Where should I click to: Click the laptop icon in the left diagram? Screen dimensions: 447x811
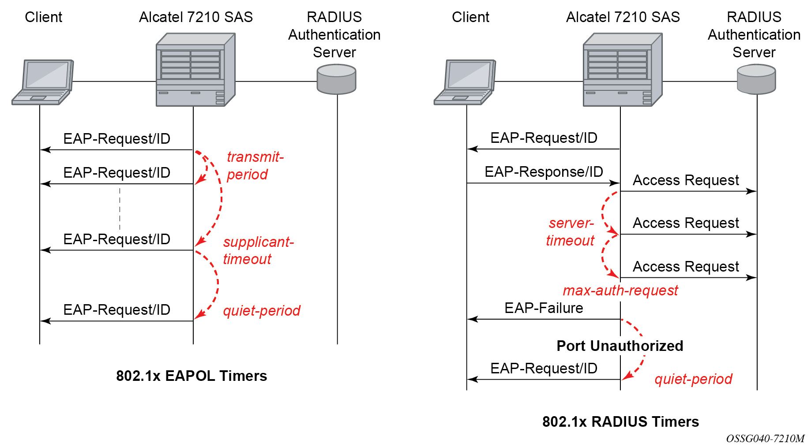point(42,82)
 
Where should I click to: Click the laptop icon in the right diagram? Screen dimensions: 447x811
point(465,82)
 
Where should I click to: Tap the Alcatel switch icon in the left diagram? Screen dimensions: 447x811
point(195,70)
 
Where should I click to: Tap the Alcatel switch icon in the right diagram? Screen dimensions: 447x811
point(623,70)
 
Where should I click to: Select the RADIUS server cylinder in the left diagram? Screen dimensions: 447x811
point(337,79)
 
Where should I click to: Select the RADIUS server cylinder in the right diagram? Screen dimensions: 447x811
point(756,79)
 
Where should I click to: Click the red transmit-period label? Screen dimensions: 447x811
point(255,165)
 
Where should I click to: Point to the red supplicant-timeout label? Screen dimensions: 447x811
point(258,250)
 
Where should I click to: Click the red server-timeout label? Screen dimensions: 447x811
point(570,231)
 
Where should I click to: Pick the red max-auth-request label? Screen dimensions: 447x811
point(620,291)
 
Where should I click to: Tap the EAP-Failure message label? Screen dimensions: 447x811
point(544,308)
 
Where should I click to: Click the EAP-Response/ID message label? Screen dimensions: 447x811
point(544,171)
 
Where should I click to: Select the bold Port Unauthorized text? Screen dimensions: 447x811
point(620,346)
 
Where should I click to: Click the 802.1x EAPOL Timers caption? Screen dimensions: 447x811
point(191,376)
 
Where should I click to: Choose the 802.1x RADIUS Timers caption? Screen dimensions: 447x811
point(620,421)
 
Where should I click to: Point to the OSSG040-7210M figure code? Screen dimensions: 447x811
point(765,439)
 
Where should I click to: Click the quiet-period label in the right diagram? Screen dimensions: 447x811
point(693,379)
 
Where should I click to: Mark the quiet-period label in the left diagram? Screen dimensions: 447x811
point(262,310)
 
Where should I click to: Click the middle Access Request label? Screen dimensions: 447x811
point(686,223)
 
